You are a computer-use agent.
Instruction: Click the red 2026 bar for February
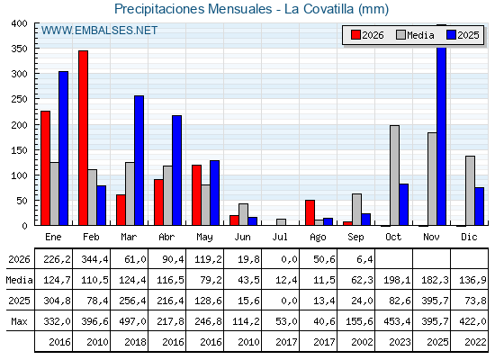point(83,138)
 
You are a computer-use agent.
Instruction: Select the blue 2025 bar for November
point(442,125)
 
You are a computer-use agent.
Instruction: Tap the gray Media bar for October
point(395,175)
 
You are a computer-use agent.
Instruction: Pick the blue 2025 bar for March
point(139,160)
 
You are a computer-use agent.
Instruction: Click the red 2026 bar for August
point(310,212)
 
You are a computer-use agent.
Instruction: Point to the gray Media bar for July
point(281,222)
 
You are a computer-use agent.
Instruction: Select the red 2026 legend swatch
point(355,35)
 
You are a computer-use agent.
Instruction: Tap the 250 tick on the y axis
point(19,99)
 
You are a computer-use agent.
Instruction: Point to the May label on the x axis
point(205,237)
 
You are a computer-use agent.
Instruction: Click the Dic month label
point(469,237)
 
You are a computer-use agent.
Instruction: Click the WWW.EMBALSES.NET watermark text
point(99,31)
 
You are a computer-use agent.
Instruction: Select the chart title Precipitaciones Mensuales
point(193,9)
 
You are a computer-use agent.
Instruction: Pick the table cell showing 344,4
point(95,259)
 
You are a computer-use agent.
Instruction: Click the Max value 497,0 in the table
point(132,321)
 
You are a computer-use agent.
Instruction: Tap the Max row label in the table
point(19,321)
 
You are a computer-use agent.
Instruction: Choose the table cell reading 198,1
point(397,280)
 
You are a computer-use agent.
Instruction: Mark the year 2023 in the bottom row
point(400,342)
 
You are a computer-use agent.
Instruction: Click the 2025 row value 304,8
point(58,301)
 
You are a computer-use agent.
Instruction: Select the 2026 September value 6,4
point(364,259)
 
